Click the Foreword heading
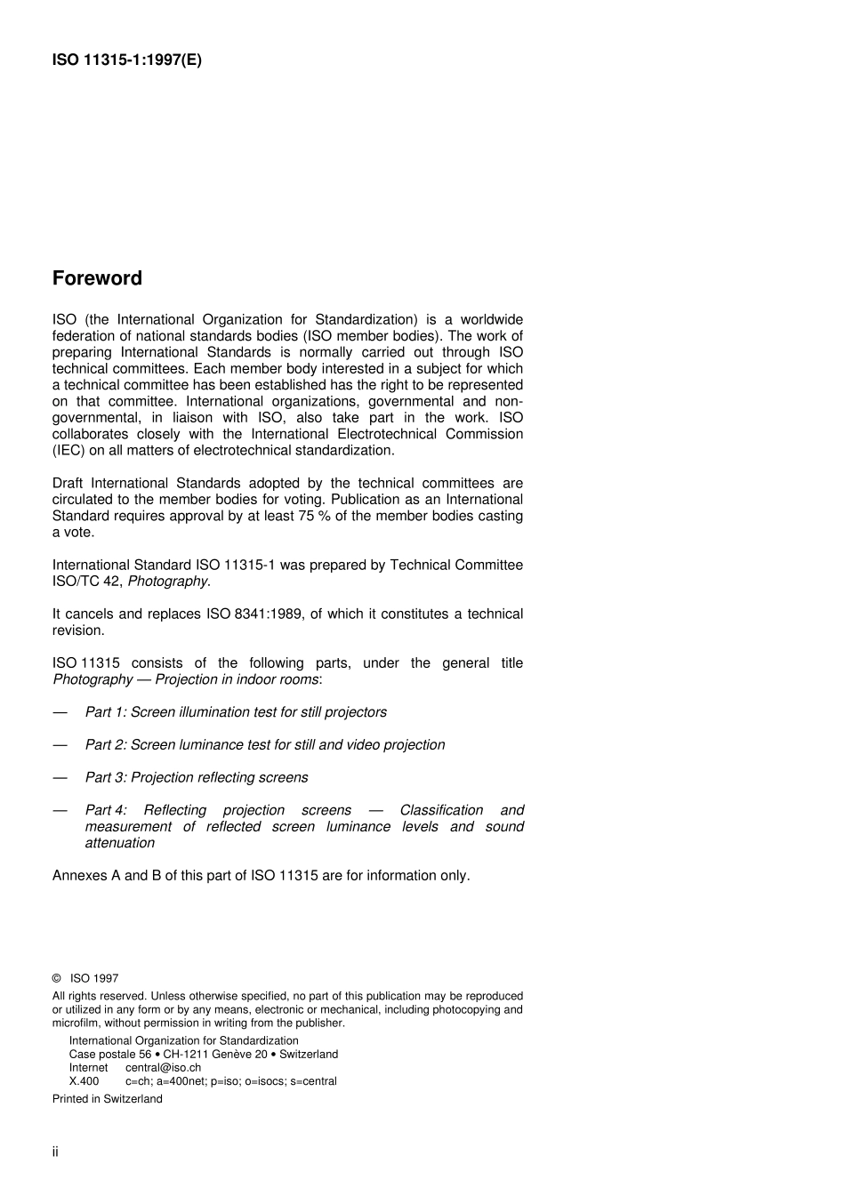click(97, 278)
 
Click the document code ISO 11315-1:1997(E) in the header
click(127, 60)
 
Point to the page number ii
click(55, 1152)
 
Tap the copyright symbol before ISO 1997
click(57, 978)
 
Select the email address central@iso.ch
click(163, 1067)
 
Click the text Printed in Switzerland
click(108, 1098)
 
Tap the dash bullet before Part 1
click(60, 712)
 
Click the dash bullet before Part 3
click(60, 777)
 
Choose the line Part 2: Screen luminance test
click(265, 744)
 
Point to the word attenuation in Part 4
click(120, 843)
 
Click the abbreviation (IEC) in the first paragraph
click(68, 450)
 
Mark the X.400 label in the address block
click(84, 1081)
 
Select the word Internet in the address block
click(88, 1067)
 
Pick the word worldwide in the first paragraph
click(491, 319)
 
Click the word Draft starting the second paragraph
click(68, 483)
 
